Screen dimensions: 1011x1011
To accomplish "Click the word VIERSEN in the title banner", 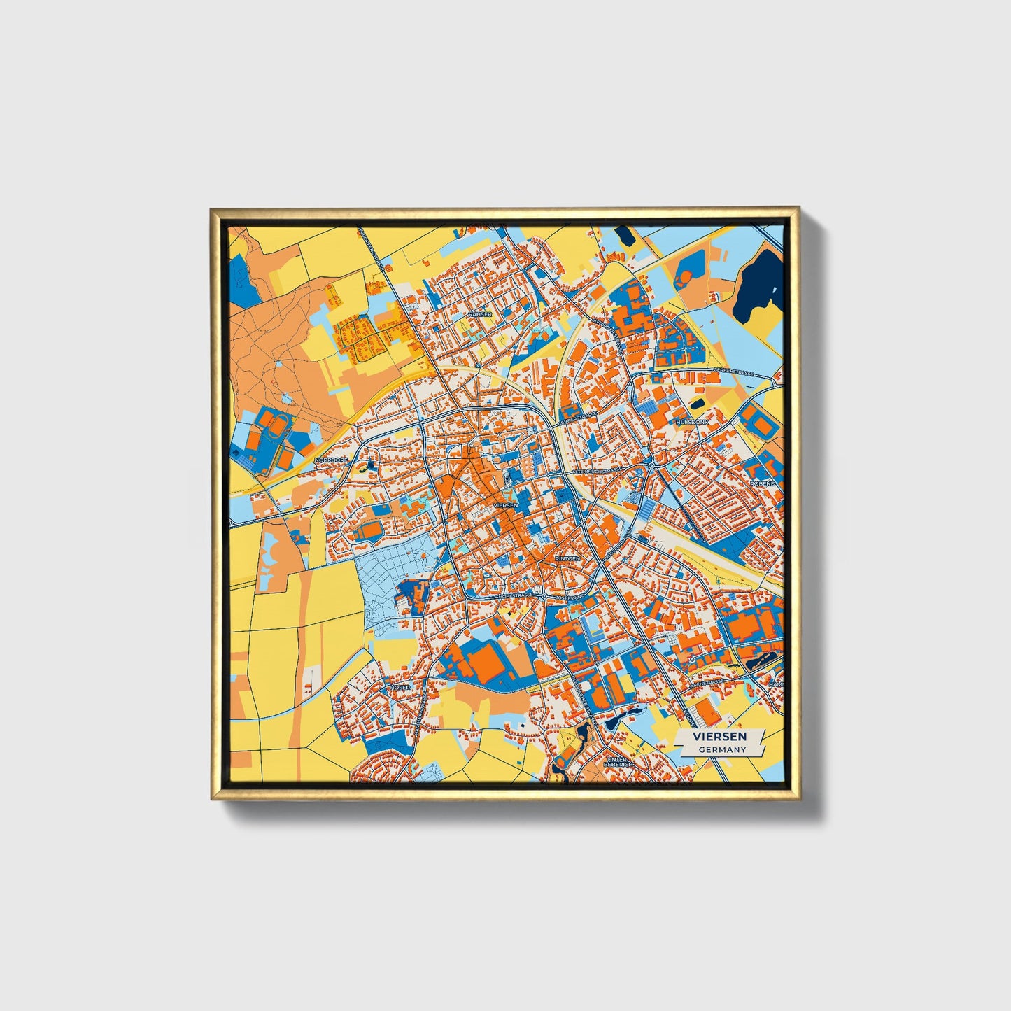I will coord(719,736).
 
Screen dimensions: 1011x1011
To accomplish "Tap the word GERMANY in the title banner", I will coord(721,749).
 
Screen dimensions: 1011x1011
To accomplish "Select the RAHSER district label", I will coord(481,315).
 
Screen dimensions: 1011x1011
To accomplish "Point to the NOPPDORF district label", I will coord(330,460).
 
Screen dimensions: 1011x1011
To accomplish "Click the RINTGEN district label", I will coord(567,559).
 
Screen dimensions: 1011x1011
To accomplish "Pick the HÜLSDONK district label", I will coord(692,423).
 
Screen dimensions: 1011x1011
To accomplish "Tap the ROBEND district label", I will coord(763,483).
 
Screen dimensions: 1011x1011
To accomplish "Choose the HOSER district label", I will coord(400,688).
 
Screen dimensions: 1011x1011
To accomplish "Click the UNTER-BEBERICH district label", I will coord(618,762).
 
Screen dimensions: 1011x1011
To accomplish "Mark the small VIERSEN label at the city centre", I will coord(505,504).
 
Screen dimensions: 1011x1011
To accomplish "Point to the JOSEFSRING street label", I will coord(569,598).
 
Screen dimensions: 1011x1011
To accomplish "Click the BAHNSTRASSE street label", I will coord(578,414).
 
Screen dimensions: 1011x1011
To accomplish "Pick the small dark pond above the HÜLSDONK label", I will coord(698,404).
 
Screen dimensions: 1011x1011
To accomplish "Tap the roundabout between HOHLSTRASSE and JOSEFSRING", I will coord(544,595).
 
